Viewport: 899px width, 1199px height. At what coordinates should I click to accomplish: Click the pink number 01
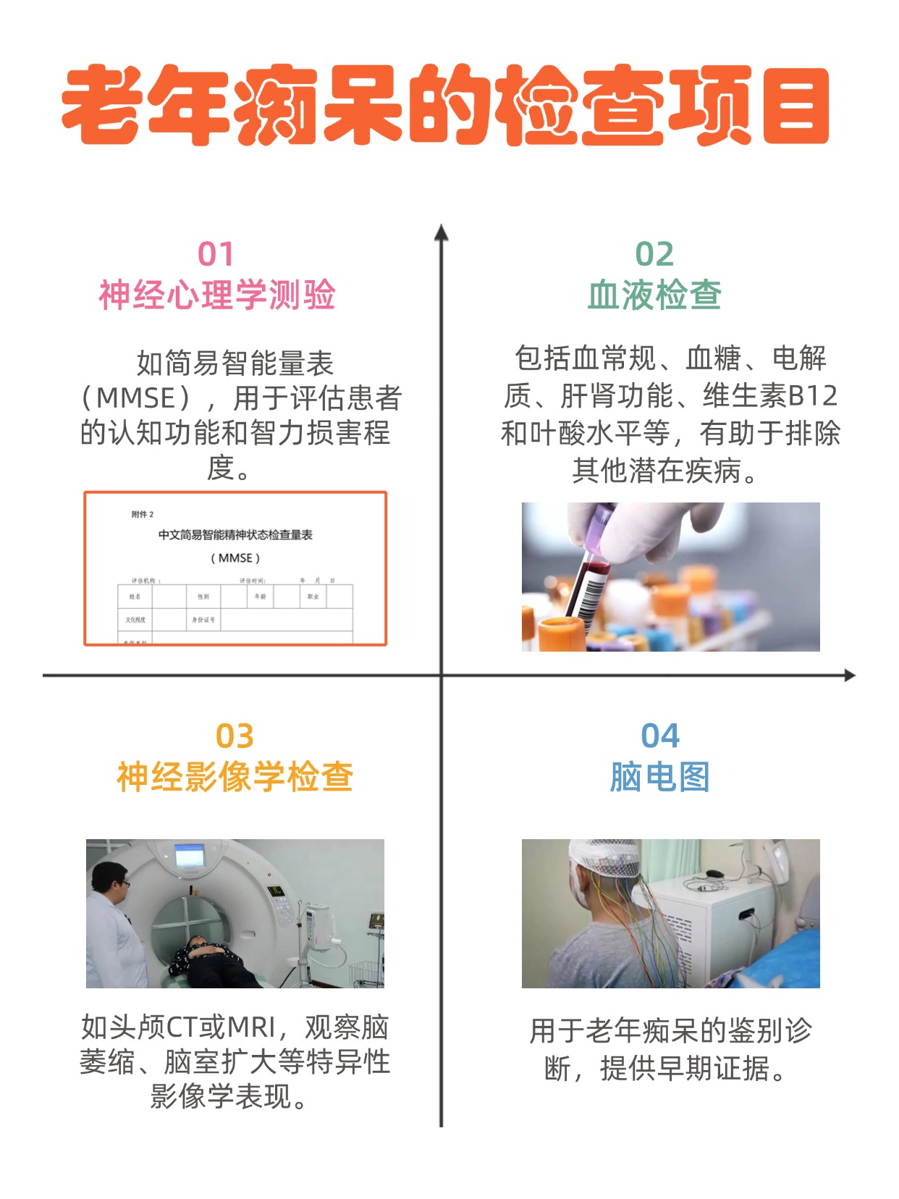pos(216,254)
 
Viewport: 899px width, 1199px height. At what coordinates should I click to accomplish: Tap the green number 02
pos(654,254)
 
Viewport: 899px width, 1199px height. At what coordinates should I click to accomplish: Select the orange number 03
pos(235,736)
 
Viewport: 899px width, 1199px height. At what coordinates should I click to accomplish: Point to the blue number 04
pos(659,736)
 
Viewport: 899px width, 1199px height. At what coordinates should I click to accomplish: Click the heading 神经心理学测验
pos(217,295)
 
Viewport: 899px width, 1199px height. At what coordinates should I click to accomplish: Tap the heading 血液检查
pos(654,295)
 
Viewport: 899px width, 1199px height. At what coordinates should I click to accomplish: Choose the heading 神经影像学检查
pos(235,777)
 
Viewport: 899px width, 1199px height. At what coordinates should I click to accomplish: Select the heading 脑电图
pos(659,777)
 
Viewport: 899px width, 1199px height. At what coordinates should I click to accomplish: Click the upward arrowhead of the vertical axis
pos(441,232)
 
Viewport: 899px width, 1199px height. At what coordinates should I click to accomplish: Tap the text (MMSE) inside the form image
pos(235,558)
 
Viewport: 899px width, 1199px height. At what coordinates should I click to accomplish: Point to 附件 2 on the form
pos(143,514)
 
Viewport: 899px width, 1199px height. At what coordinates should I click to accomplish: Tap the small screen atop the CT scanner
pos(190,857)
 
